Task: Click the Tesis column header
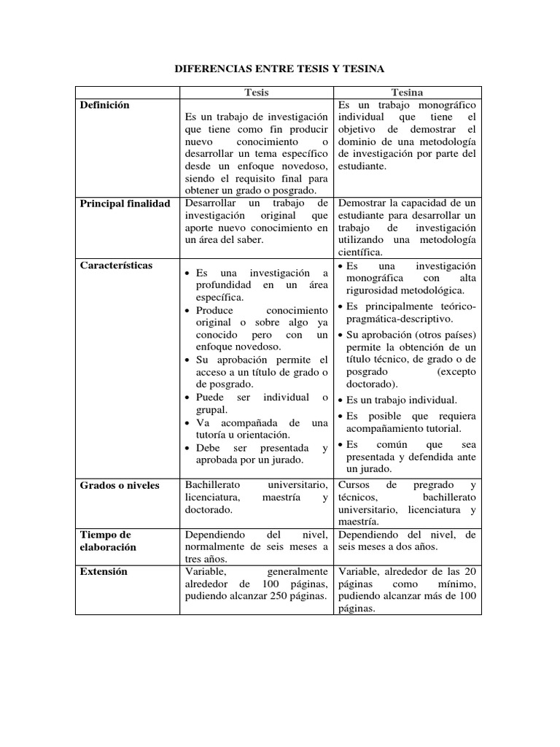point(256,93)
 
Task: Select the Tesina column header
point(407,93)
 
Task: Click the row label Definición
point(105,105)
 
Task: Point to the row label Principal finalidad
point(125,204)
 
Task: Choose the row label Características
point(117,265)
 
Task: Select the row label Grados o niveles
point(120,485)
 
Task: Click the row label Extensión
point(104,571)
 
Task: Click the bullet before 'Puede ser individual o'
point(189,398)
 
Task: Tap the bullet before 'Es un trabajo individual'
point(340,400)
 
